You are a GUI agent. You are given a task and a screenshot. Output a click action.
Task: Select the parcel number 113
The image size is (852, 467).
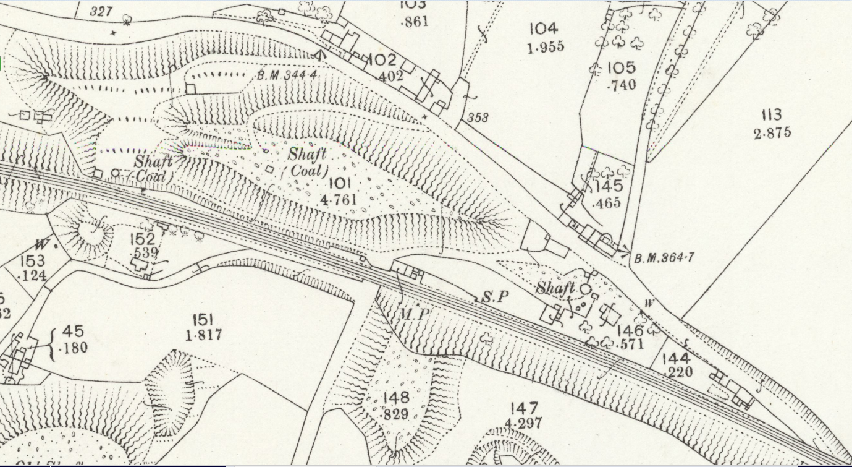pyautogui.click(x=772, y=115)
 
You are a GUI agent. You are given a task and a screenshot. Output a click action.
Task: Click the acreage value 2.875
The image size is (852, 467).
pyautogui.click(x=772, y=132)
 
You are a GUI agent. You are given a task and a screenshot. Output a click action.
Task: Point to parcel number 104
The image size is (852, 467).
pyautogui.click(x=544, y=28)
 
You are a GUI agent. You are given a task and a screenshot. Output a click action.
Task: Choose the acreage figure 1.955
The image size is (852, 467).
pyautogui.click(x=546, y=47)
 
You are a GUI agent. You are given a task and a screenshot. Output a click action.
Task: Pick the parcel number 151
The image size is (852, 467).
pyautogui.click(x=203, y=320)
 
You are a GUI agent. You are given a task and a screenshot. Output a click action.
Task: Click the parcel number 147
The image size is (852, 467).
pyautogui.click(x=525, y=408)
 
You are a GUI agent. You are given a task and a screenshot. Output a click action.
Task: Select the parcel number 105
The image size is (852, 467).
pyautogui.click(x=622, y=68)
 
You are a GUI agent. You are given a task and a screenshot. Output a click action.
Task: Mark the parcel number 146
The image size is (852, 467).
pyautogui.click(x=630, y=331)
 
